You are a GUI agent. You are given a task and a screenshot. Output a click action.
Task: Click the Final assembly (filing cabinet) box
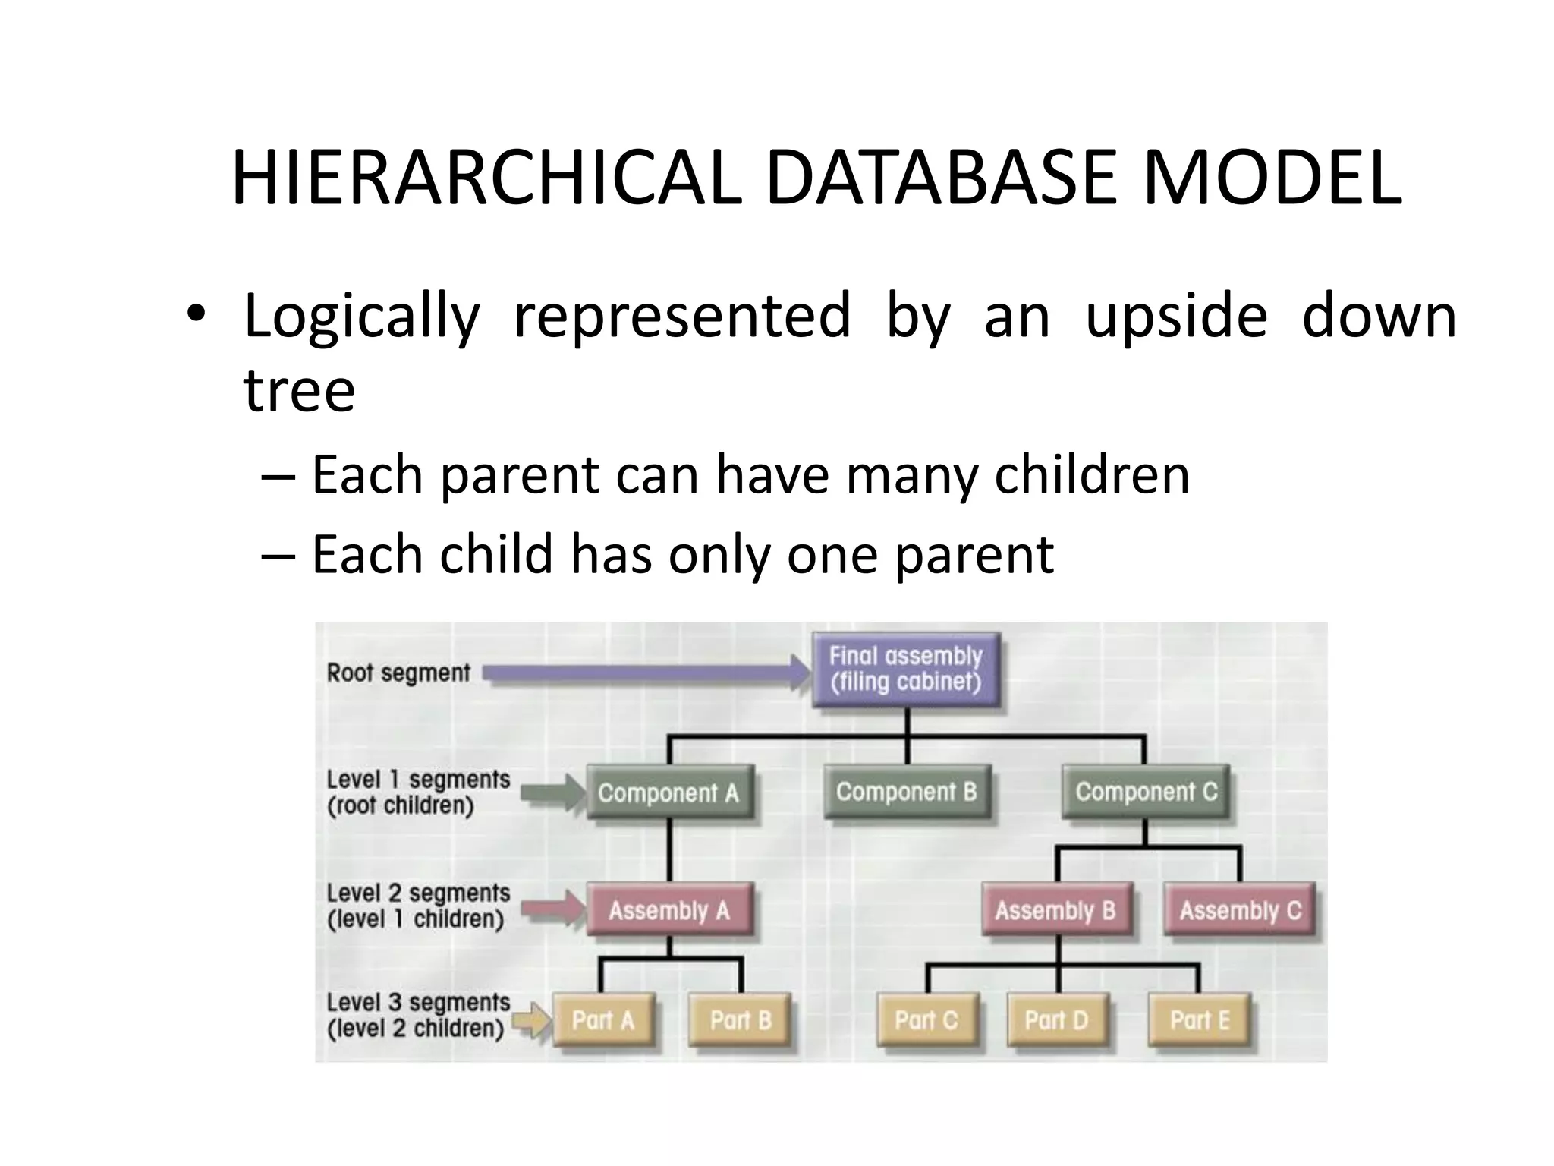[905, 669]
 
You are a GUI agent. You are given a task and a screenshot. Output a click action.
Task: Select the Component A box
[668, 793]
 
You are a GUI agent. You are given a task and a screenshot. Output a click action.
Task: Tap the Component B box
[906, 792]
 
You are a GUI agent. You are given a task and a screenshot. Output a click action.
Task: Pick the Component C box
[1145, 792]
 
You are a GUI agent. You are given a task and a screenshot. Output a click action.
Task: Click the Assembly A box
[668, 909]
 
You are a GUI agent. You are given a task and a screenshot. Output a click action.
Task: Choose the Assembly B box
[1055, 909]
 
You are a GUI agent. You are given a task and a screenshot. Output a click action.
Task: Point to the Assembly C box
[1240, 909]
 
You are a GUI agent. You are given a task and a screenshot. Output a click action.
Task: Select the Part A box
[602, 1020]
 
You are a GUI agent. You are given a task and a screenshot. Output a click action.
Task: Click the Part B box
[740, 1020]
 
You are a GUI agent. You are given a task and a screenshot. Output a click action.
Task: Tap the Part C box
[926, 1020]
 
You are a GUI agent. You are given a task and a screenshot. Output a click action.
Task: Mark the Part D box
[1055, 1020]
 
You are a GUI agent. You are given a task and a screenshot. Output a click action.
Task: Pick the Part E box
[1199, 1020]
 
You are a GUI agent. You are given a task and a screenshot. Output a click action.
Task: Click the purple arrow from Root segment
[645, 673]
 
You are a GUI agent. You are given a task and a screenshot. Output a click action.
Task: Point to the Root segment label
[398, 673]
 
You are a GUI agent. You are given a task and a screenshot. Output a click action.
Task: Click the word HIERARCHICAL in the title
[486, 179]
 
